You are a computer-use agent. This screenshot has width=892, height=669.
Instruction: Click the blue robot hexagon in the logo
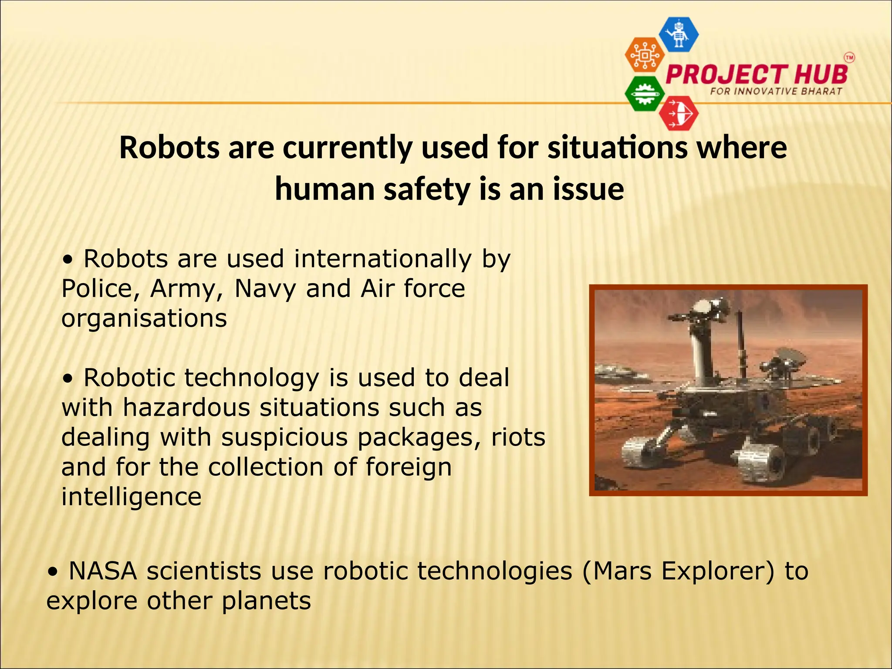679,34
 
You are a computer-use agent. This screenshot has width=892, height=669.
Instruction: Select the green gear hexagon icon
645,94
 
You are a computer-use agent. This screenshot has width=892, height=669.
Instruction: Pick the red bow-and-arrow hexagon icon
679,114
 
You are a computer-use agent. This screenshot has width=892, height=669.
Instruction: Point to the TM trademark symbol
849,57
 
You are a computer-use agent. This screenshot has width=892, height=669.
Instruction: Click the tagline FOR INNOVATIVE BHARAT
776,91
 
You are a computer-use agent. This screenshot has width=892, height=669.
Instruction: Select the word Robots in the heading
169,148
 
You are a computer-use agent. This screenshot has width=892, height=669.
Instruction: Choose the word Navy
265,289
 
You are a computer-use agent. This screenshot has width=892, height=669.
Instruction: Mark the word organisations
144,318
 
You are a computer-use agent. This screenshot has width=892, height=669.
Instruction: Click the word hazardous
186,408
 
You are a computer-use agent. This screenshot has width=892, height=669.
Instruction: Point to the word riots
518,437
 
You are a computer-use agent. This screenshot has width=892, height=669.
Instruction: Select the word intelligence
131,497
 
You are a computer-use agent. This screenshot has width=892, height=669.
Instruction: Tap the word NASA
103,571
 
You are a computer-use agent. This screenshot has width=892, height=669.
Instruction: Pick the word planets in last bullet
266,601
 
